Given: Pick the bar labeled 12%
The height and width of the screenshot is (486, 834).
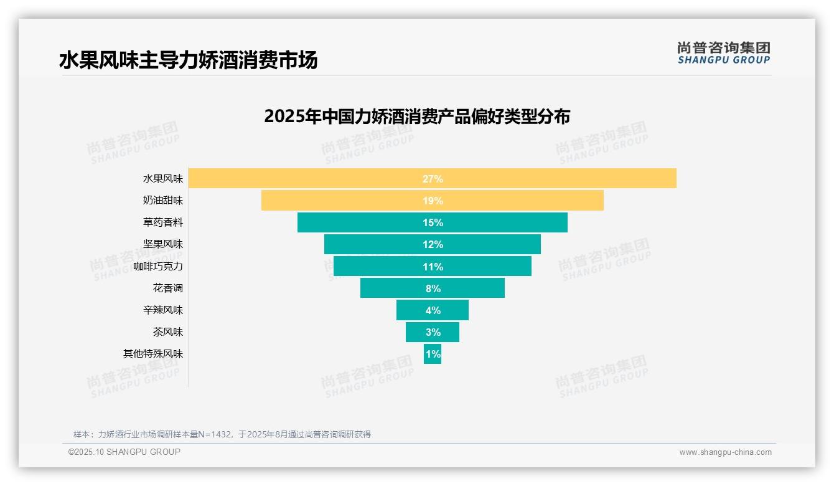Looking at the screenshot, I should tap(433, 244).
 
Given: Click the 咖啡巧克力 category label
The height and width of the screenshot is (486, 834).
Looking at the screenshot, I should tap(158, 267).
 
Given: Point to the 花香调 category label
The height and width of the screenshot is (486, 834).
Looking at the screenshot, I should tap(168, 288).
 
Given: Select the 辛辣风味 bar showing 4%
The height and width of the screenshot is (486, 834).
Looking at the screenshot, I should tap(433, 310).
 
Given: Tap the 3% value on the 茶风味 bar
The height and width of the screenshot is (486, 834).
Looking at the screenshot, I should tap(433, 332).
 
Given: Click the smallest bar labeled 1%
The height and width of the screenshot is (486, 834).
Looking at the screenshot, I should tap(433, 354).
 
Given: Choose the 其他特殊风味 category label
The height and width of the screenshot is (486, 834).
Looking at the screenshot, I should tap(153, 354).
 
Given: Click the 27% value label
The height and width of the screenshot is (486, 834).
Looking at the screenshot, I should tap(433, 179).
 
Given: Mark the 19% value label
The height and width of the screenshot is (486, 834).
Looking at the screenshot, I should tap(433, 201).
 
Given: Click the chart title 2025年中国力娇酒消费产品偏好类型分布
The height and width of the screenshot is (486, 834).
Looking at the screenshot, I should tap(417, 117).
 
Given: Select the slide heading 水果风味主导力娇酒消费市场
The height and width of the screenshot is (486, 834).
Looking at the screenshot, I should tap(188, 60).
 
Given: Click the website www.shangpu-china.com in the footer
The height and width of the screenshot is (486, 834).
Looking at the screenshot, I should tap(725, 452).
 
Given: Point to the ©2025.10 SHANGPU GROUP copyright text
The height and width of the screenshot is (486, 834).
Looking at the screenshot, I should tap(124, 452).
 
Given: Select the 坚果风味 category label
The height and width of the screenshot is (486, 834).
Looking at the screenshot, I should tap(163, 244).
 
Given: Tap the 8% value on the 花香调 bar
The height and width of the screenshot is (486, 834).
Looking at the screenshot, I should tap(433, 288).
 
